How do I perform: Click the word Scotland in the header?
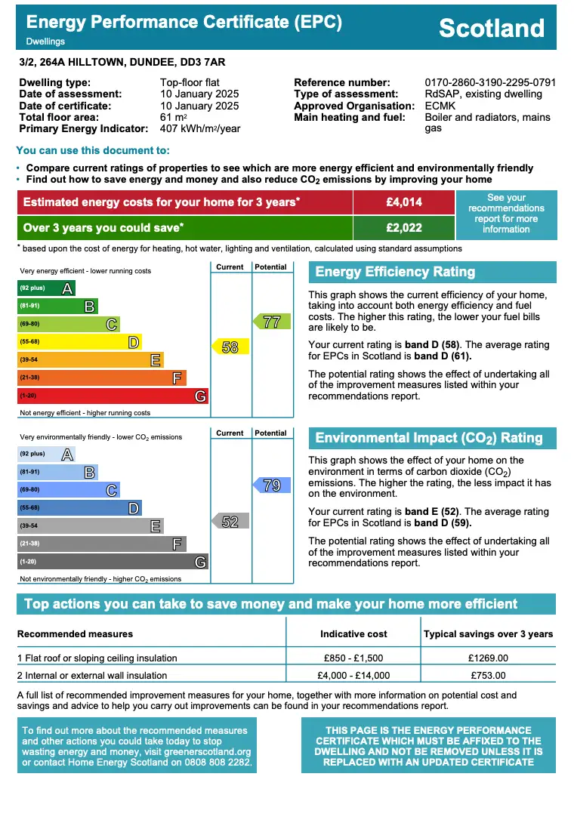[491, 28]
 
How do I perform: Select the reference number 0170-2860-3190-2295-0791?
[490, 82]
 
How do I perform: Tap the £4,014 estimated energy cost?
[404, 202]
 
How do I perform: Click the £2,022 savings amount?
[404, 227]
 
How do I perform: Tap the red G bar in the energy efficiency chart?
[113, 396]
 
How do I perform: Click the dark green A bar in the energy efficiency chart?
[46, 288]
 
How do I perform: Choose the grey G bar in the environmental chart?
[113, 562]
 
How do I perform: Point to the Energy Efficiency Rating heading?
[395, 272]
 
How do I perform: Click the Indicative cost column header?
[353, 634]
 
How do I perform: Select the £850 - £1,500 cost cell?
[353, 658]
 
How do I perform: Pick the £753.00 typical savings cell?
[488, 676]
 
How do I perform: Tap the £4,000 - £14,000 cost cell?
[353, 676]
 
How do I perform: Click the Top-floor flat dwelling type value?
[190, 82]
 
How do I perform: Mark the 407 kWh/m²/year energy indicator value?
[200, 128]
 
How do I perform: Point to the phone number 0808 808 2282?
[216, 763]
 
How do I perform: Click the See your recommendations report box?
[506, 214]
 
